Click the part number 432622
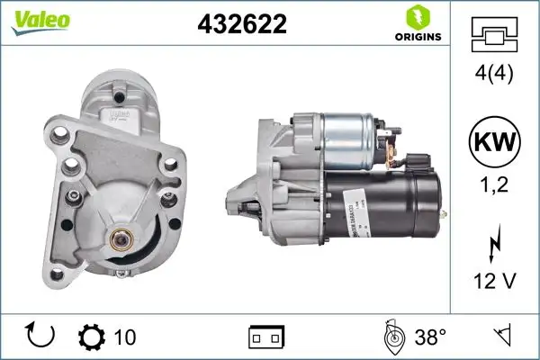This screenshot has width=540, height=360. point(241,24)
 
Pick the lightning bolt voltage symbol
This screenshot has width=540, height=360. point(494,246)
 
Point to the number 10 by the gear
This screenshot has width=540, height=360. point(126,337)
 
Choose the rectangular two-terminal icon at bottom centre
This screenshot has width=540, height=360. point(265,338)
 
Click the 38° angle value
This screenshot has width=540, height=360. point(430,337)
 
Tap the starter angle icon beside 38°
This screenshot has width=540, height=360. point(392,337)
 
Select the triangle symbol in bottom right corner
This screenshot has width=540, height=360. point(504,337)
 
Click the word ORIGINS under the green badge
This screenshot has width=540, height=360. point(417,37)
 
